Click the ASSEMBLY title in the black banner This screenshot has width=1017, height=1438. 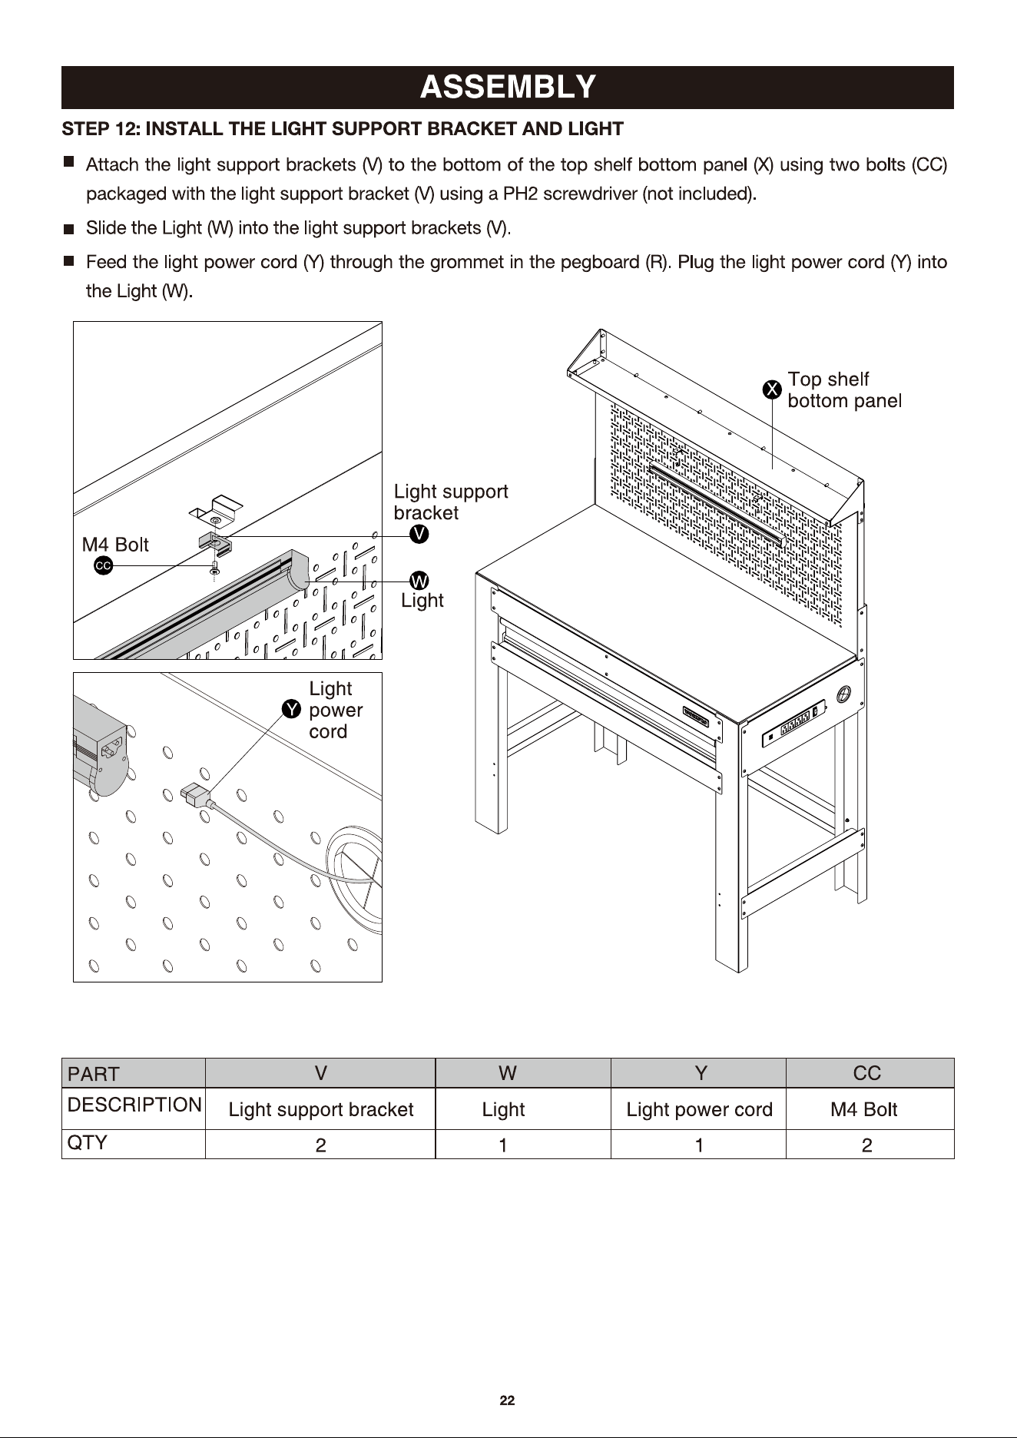[508, 87]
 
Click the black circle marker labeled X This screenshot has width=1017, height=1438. [772, 390]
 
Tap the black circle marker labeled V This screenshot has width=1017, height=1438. [419, 535]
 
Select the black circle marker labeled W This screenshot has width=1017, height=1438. [419, 581]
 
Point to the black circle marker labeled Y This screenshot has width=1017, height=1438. [291, 709]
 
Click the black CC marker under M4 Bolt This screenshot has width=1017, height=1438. [103, 566]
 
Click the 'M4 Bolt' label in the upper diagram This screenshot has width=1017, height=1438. [115, 545]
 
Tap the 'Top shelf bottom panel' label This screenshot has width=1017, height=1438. [844, 389]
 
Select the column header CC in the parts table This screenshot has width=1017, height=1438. [867, 1073]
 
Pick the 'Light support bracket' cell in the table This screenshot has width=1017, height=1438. [320, 1109]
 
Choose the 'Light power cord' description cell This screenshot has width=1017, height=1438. [699, 1109]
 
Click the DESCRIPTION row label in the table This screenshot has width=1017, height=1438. [134, 1105]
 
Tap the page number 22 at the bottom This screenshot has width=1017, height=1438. [507, 1400]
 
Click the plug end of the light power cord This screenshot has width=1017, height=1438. [194, 795]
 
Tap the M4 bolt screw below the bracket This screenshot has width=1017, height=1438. [215, 570]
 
